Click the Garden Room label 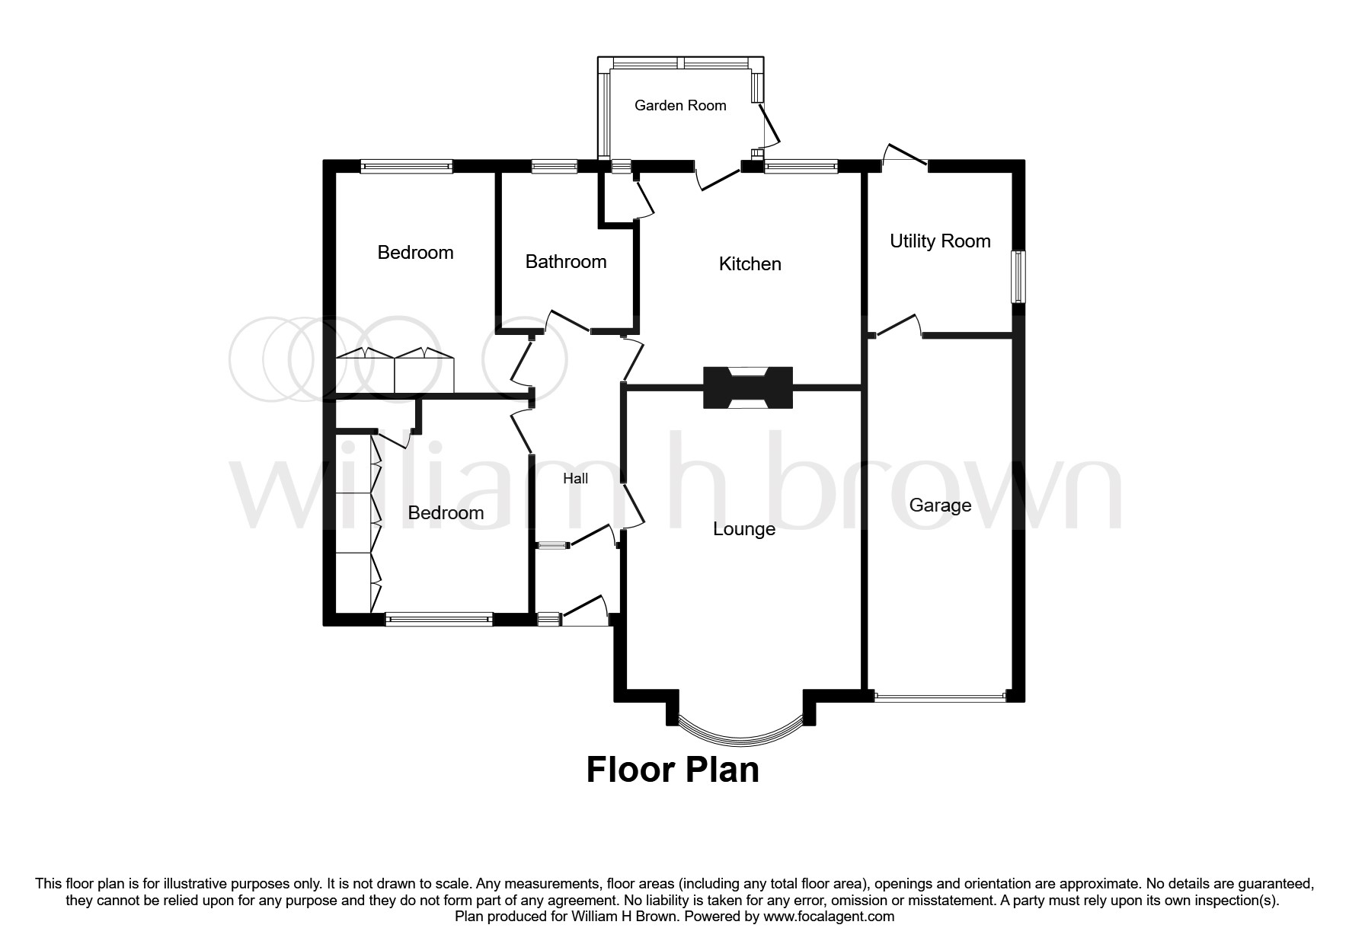680,106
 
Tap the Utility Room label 940,241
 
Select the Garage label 940,505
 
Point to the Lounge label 744,529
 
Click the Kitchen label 750,264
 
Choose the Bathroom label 566,262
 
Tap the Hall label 576,479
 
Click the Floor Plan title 673,770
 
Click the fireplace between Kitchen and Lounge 748,388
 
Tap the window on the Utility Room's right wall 1018,276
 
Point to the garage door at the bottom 940,695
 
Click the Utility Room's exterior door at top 904,155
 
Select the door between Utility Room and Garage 897,325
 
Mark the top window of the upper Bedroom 407,166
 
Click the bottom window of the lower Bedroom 439,620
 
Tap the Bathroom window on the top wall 555,166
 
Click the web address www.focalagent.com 829,917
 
